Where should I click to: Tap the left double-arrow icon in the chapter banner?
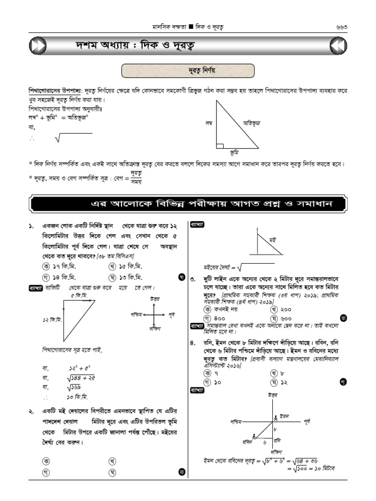click(x=38, y=46)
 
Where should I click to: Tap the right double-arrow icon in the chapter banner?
click(x=338, y=46)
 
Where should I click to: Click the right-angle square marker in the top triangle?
click(x=220, y=145)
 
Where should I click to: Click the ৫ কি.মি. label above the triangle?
click(x=78, y=296)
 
